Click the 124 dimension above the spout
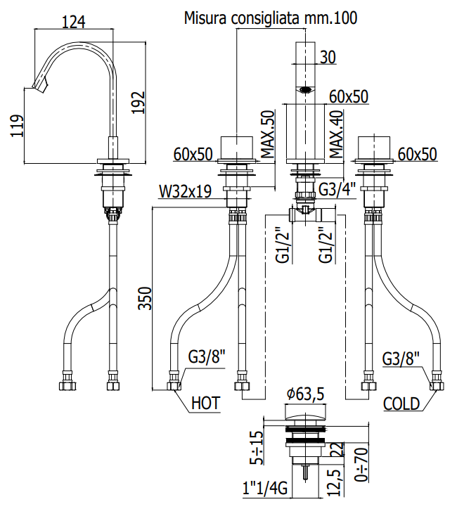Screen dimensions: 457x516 (x=74, y=22)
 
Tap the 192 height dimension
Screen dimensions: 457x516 (x=139, y=103)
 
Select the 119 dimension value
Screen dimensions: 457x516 (x=17, y=126)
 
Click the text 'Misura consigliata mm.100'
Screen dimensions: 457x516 (x=271, y=18)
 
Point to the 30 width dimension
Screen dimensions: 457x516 (x=328, y=57)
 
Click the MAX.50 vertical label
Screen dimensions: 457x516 (x=268, y=134)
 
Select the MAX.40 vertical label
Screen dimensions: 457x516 (x=336, y=134)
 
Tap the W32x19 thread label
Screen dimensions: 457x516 (x=185, y=191)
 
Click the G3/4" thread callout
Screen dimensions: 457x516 (x=337, y=189)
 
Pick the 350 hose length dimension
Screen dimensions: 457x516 (x=145, y=298)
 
